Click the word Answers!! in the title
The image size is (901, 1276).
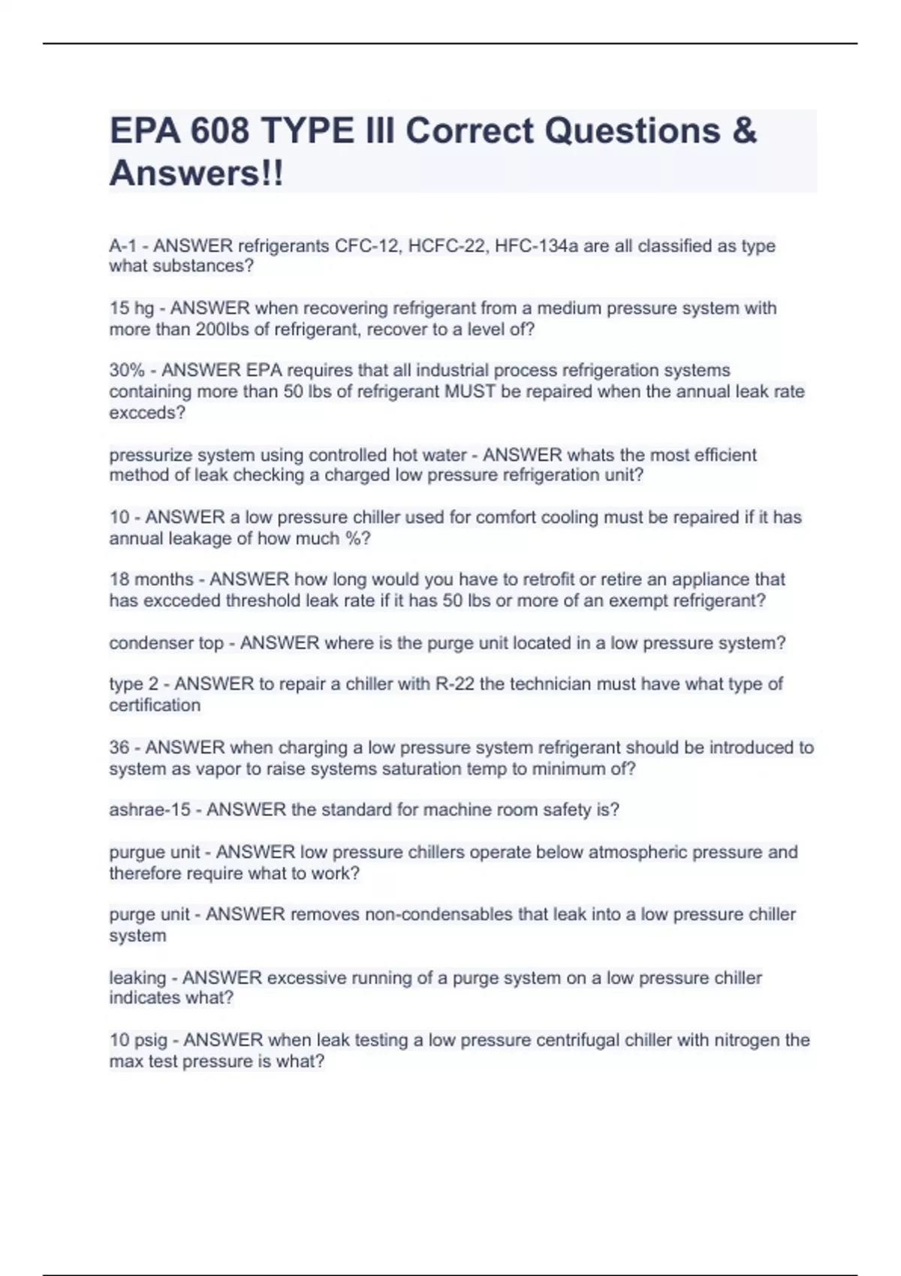tap(197, 173)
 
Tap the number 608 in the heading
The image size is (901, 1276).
tap(219, 131)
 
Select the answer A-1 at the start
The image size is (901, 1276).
tap(123, 246)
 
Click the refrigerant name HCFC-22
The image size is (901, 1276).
tap(447, 246)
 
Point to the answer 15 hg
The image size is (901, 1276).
tap(131, 308)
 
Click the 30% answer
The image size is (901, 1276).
tap(126, 371)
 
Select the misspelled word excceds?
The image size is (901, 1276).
tap(147, 413)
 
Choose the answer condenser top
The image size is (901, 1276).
tap(166, 643)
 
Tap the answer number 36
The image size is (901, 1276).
tap(119, 748)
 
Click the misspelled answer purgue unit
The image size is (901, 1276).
tap(155, 853)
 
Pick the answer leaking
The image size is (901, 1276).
tap(137, 978)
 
